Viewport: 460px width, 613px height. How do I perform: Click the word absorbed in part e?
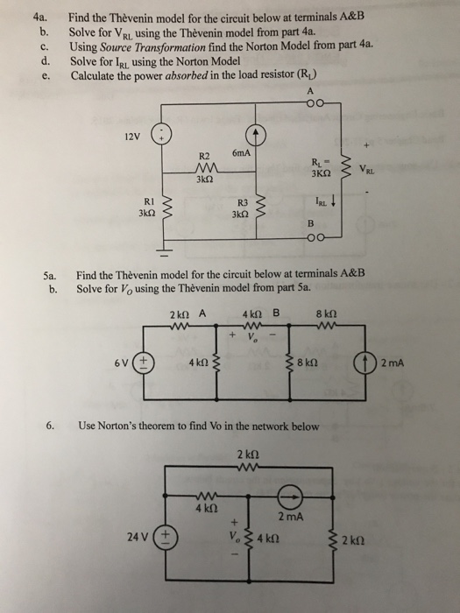coord(194,74)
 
